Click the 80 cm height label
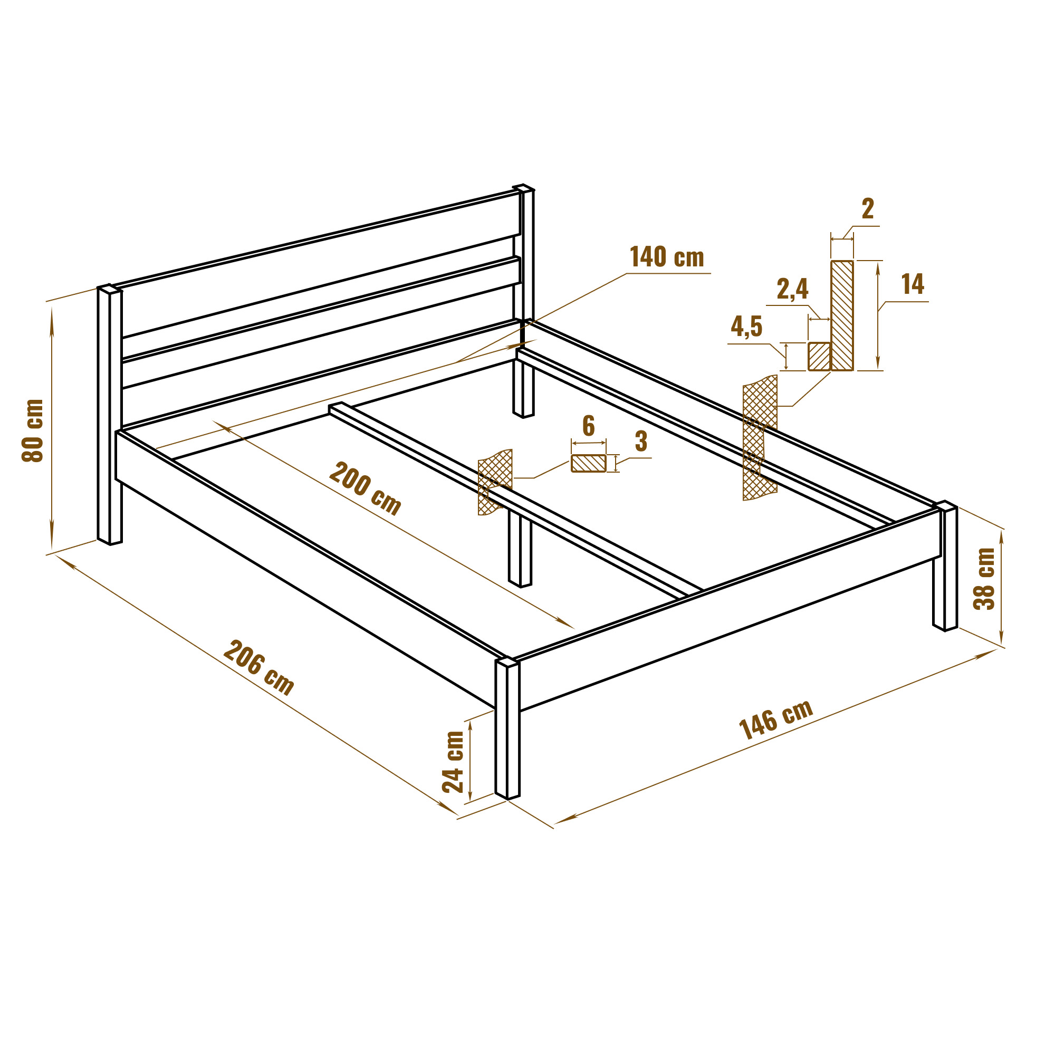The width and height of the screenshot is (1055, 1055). pos(33,431)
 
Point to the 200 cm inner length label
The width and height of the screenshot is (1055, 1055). pos(366,488)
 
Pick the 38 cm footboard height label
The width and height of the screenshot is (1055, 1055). pos(984,578)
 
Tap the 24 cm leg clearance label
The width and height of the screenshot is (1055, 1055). pos(453,761)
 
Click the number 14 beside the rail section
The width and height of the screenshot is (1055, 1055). pos(913,284)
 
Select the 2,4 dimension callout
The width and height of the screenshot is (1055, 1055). pos(792,289)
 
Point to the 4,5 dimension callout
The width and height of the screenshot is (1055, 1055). pos(746,327)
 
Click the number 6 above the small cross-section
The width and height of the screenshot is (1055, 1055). pos(588,426)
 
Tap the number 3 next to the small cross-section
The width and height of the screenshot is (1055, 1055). pos(641,441)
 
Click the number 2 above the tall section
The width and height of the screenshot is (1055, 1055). pos(868,208)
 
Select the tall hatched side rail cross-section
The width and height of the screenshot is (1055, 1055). pos(842,315)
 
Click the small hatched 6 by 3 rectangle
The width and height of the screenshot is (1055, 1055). pos(589,463)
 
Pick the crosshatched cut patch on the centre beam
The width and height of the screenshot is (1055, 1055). pos(495,482)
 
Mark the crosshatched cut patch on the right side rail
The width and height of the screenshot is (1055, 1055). pos(760,438)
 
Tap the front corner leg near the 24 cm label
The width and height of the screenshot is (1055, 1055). pos(507,728)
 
